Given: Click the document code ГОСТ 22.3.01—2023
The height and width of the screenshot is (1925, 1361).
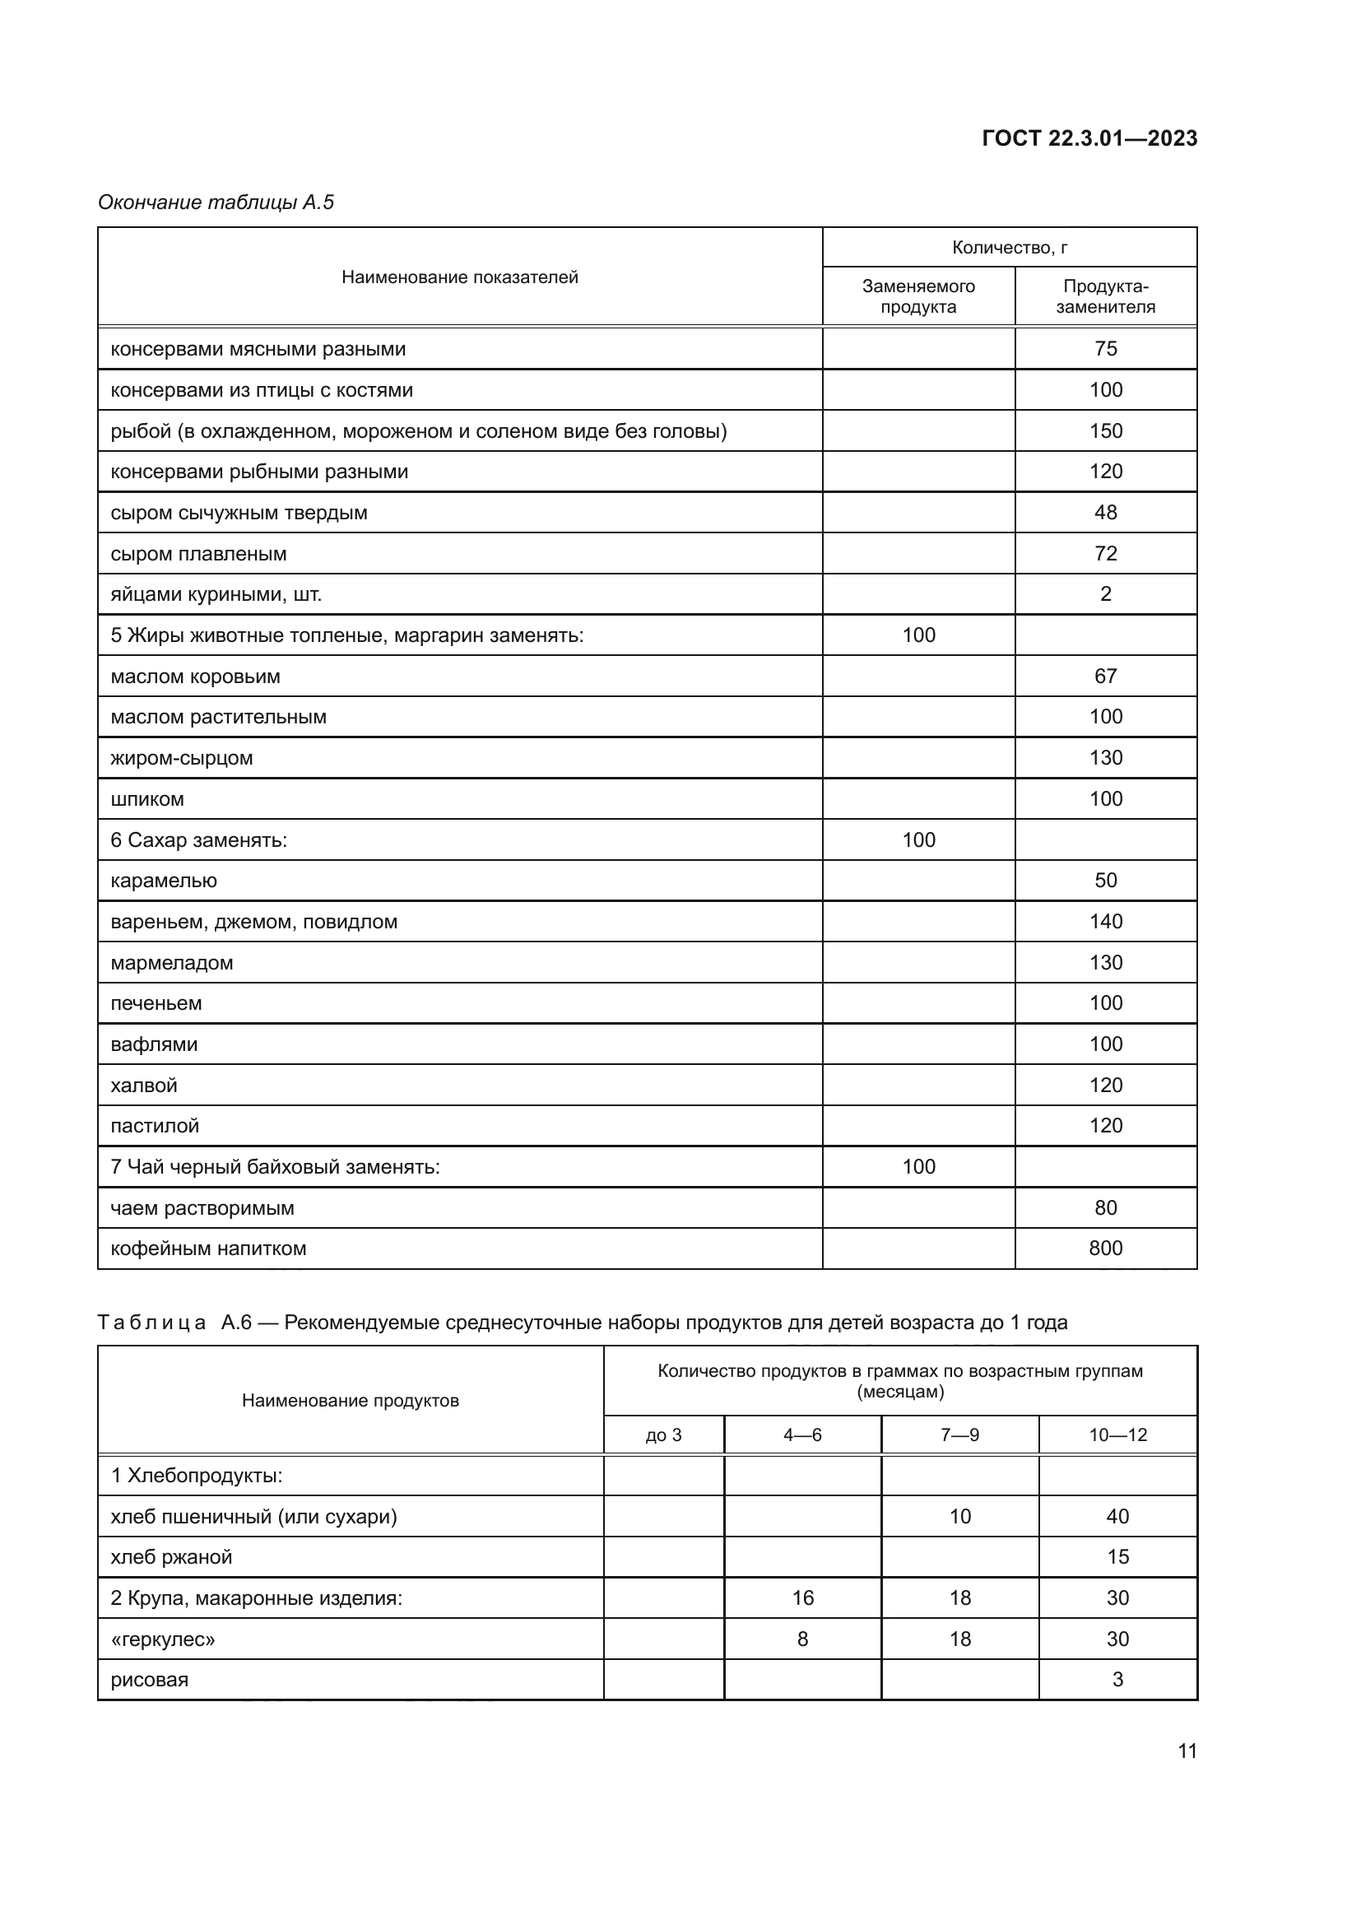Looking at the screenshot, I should [1089, 138].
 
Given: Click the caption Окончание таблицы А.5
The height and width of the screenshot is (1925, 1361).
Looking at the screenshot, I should [216, 202].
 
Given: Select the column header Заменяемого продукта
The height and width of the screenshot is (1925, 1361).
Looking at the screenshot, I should [917, 296].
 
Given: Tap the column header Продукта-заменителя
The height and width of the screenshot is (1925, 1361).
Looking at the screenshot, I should [1104, 296].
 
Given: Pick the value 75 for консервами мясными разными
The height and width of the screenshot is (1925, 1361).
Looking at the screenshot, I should [1104, 349].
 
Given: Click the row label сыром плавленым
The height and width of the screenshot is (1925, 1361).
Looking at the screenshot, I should [198, 554].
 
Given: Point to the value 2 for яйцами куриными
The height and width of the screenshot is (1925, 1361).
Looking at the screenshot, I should [1104, 594].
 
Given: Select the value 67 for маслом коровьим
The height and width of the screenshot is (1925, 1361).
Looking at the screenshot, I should [1104, 676].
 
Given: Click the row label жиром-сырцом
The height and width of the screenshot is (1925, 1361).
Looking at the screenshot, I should [182, 758].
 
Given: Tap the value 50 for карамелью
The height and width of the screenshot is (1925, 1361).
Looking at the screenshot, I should [1104, 881].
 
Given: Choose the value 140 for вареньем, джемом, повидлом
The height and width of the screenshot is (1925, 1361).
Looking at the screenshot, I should [1104, 922].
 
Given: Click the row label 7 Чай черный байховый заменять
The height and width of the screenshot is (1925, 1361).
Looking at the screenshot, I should [275, 1167].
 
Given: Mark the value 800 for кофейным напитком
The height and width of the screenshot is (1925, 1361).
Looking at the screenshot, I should [1104, 1248].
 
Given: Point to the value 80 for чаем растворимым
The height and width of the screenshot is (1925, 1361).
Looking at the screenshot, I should [1104, 1208].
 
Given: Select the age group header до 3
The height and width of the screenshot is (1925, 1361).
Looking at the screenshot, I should [663, 1434].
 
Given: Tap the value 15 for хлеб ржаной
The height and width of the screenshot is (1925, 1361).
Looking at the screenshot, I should [1117, 1557].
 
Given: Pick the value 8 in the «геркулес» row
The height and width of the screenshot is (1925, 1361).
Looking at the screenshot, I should [802, 1639].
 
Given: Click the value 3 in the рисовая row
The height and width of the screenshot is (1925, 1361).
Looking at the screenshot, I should [1117, 1681].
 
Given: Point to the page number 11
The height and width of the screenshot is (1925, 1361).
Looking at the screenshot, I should [1187, 1751].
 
